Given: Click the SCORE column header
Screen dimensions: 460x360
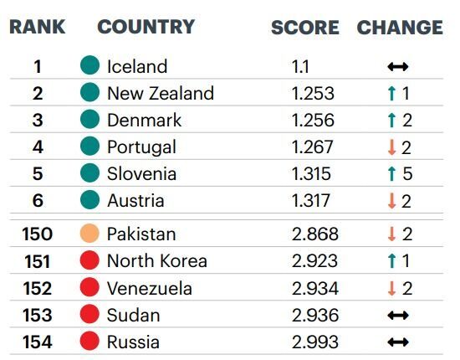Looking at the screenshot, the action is click(305, 28).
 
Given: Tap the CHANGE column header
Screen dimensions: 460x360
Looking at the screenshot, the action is click(400, 28).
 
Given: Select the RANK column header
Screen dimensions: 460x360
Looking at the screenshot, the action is click(38, 27).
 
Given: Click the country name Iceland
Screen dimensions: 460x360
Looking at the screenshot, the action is click(137, 66).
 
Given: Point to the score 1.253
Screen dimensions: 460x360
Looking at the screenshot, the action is click(313, 94).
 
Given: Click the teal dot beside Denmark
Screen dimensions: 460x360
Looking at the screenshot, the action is click(89, 119).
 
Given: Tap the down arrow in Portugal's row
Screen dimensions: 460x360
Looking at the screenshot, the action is click(391, 147).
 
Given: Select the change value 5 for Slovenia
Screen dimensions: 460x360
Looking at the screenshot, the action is click(407, 173).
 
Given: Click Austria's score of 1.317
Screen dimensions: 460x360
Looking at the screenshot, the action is click(310, 201).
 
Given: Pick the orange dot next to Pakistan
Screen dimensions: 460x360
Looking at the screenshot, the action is click(89, 233).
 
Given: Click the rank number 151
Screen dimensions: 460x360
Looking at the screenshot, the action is click(38, 261).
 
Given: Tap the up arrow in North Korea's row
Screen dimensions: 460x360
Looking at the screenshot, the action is click(391, 260).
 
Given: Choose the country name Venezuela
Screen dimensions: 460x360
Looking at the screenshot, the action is click(150, 288).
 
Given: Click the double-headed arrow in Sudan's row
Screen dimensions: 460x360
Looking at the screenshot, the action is click(398, 316).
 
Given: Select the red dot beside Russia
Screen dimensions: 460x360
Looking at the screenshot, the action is click(89, 341).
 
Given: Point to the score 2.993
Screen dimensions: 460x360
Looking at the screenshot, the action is click(315, 342).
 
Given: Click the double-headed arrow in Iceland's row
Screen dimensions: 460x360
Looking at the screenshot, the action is click(398, 67).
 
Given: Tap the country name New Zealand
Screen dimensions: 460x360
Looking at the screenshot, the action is click(161, 94).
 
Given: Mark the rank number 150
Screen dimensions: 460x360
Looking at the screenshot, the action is click(38, 234).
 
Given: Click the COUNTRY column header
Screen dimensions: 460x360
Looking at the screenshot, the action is click(146, 27).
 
